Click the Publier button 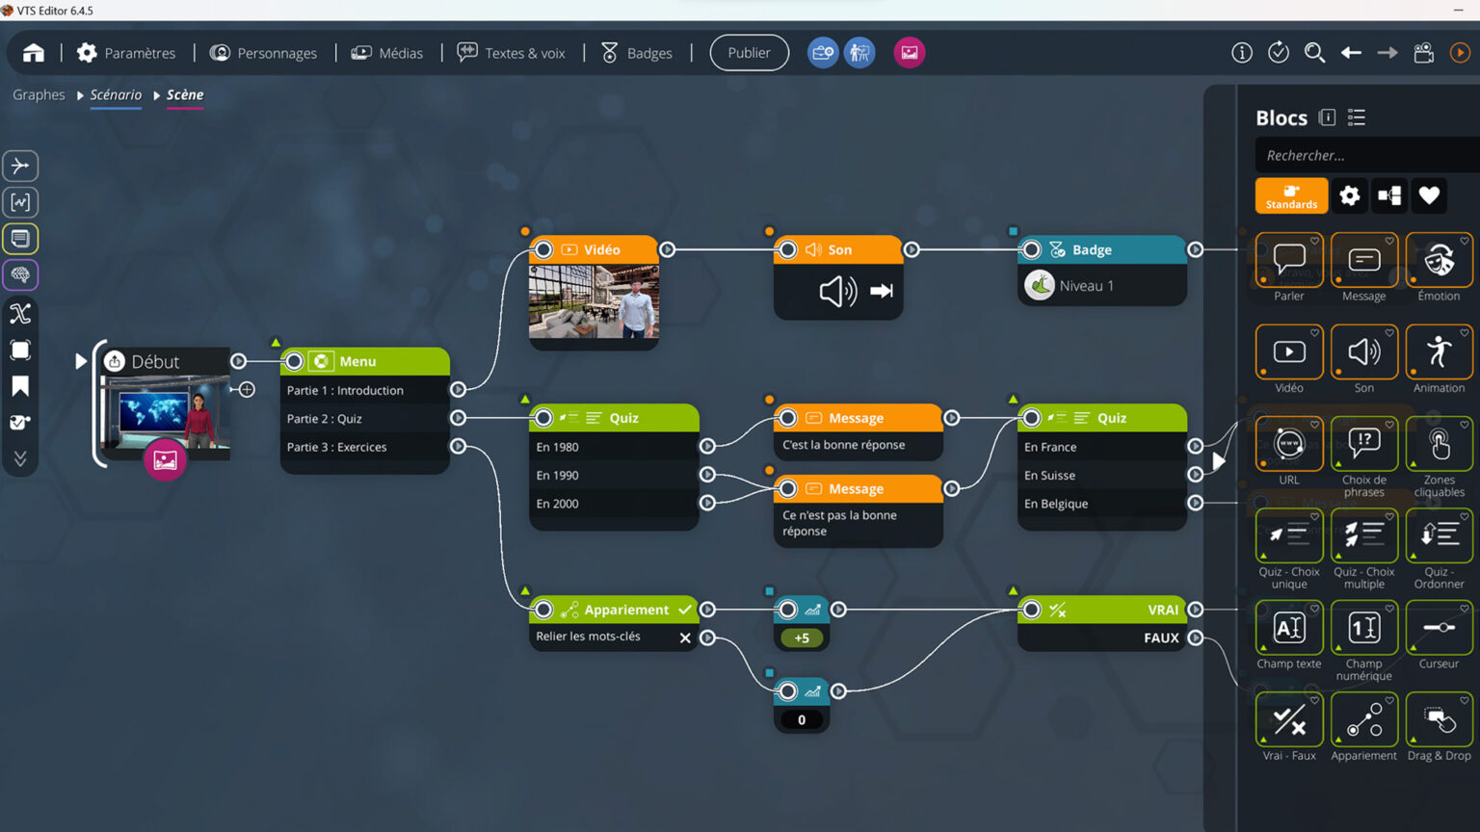click(749, 53)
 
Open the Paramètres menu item click(126, 53)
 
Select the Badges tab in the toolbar click(637, 53)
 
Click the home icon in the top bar click(34, 53)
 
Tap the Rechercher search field click(1363, 155)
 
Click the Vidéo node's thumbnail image click(594, 301)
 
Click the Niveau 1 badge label click(1086, 286)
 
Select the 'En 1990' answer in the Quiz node click(558, 475)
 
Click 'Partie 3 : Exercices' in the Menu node click(336, 447)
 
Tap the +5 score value click(802, 637)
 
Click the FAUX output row click(1160, 637)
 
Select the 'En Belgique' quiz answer click(1056, 504)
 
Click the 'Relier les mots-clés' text click(588, 637)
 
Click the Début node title click(155, 361)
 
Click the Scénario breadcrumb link click(116, 94)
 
